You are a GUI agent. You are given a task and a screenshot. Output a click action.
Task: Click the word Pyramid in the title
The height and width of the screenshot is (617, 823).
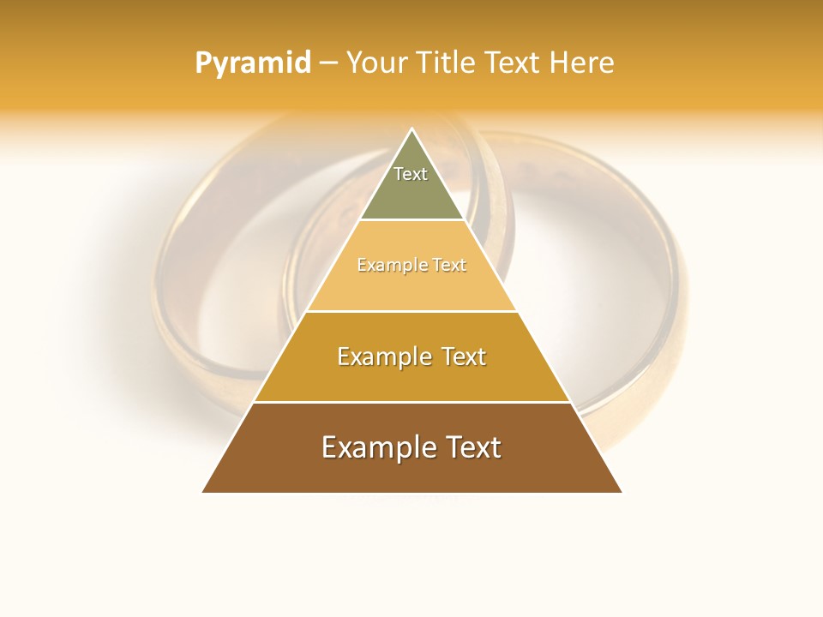click(x=253, y=63)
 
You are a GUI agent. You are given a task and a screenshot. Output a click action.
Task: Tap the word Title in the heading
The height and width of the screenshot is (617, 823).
click(x=449, y=63)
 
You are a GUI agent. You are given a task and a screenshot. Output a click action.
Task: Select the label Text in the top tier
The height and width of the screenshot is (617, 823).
click(x=411, y=174)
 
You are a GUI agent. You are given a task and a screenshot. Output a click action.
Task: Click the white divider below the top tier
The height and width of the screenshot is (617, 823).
click(x=411, y=220)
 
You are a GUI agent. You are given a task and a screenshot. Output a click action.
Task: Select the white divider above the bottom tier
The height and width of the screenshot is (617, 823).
click(x=411, y=402)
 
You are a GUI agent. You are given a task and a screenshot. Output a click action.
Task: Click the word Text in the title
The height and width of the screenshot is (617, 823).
click(x=515, y=63)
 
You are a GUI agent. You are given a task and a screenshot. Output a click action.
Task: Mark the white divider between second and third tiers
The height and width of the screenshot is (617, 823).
click(x=411, y=311)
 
